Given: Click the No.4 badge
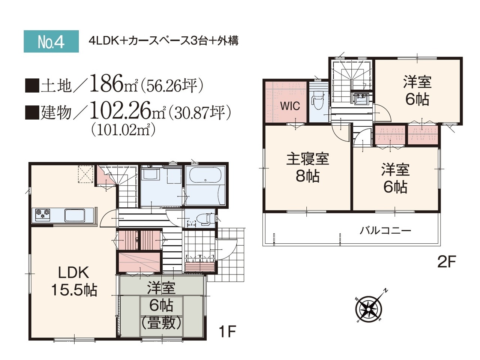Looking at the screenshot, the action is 51,41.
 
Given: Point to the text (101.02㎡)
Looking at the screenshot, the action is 124,130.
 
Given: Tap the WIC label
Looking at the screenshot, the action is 290,106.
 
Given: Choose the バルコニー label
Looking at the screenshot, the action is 385,230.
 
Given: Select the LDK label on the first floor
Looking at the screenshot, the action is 73,272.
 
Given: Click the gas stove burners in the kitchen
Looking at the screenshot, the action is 43,214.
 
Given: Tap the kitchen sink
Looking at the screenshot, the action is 75,216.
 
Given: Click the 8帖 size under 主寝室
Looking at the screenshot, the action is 307,176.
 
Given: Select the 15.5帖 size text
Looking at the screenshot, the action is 74,290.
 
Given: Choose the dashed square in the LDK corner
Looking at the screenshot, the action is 86,174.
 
